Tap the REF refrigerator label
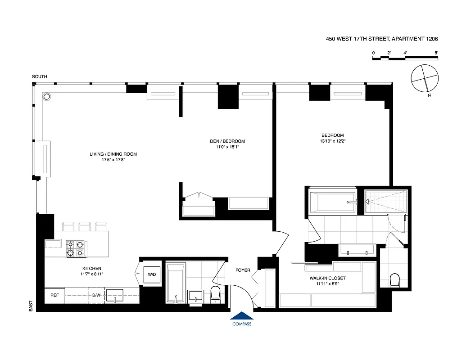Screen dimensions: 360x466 54,296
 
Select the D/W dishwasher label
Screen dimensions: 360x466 96,296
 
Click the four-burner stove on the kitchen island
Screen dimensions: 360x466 76,249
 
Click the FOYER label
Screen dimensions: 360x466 243,270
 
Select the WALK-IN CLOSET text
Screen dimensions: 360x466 327,278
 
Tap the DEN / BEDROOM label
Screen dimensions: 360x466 227,141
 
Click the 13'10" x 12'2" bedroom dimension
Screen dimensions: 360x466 332,141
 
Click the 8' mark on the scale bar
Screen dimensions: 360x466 436,53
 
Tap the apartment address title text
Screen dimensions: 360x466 382,39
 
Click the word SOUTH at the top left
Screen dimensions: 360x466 39,77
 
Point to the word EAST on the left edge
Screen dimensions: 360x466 31,306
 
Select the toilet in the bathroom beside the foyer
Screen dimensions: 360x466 215,293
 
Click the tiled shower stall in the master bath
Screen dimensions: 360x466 385,201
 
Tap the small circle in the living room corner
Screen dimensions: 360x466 46,96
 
